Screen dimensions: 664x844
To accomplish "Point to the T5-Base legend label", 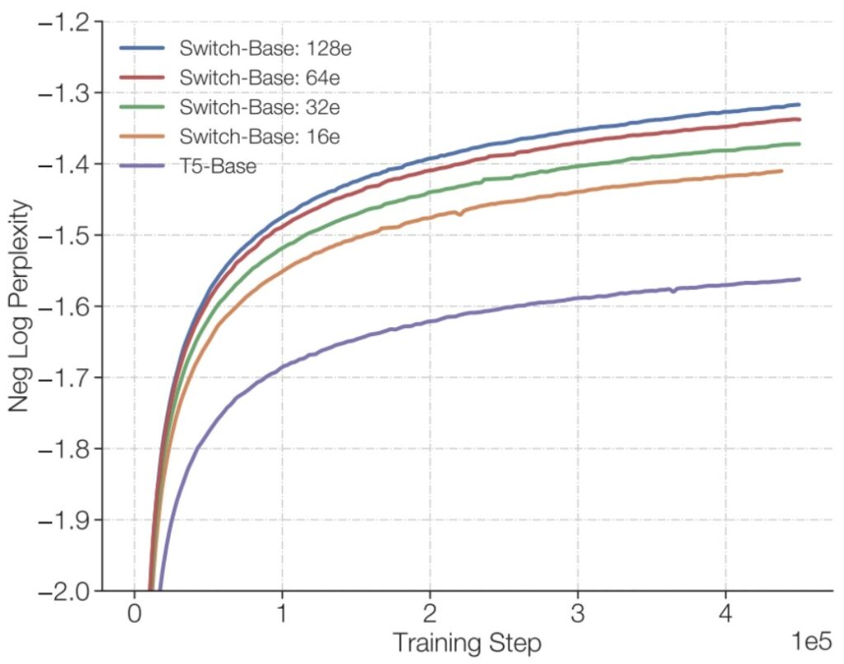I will [218, 166].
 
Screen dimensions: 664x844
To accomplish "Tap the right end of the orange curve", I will [781, 171].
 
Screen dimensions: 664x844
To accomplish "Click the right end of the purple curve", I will [799, 279].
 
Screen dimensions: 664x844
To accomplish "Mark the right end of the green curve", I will [799, 144].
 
